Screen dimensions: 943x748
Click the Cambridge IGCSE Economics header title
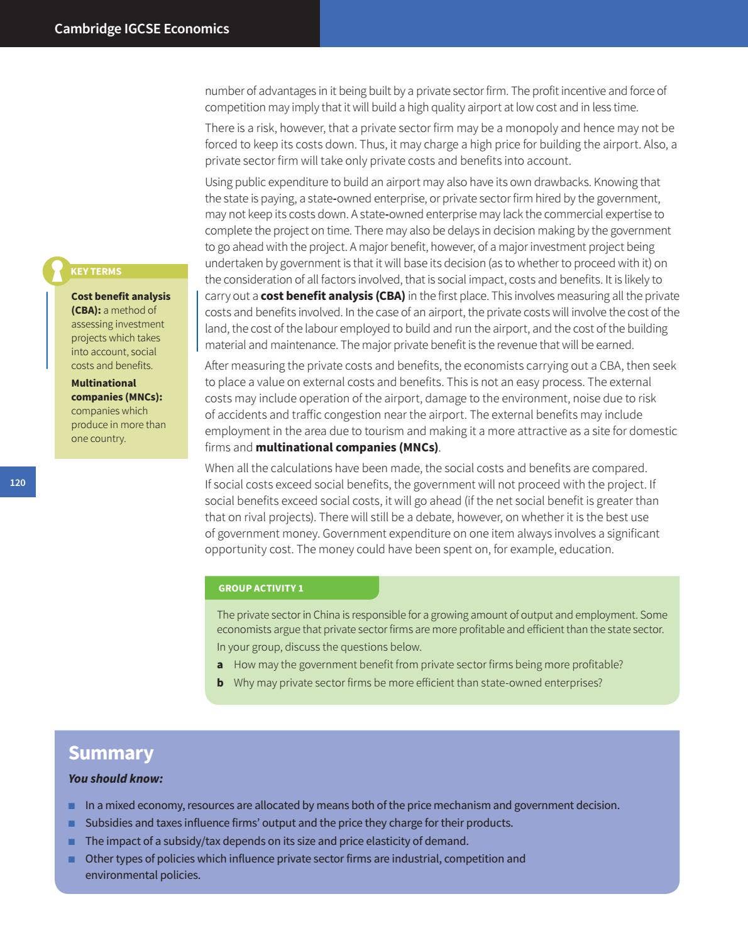point(141,28)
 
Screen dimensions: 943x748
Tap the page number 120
point(18,482)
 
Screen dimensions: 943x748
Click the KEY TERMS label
point(96,272)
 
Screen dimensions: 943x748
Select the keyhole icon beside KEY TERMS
point(57,270)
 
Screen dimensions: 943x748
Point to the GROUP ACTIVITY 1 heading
point(261,588)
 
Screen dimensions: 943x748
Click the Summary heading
point(111,753)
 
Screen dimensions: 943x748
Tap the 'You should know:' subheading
point(115,778)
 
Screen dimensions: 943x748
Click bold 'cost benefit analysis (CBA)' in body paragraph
point(333,295)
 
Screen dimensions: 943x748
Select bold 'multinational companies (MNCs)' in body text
point(346,447)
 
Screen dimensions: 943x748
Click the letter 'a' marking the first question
point(220,665)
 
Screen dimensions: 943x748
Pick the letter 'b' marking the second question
point(220,683)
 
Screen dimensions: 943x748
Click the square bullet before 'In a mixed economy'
point(72,805)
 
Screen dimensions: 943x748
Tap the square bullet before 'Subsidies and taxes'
point(72,823)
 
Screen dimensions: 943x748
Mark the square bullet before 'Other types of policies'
point(72,859)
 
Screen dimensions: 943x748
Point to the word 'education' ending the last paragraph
point(588,549)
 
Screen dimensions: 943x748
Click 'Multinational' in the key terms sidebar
point(103,383)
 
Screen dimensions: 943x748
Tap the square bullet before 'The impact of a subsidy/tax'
point(72,841)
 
